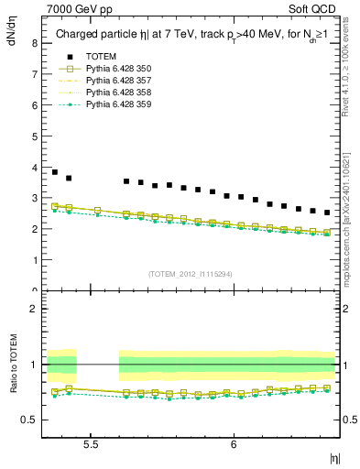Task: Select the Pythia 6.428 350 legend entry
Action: click(119, 69)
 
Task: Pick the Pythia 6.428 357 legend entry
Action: click(119, 81)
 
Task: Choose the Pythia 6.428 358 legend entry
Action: click(119, 93)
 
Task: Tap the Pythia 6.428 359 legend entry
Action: click(119, 104)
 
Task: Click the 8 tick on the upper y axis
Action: click(34, 42)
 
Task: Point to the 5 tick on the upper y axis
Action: click(34, 136)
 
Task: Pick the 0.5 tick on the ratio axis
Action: click(30, 420)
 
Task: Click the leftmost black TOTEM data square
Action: click(55, 172)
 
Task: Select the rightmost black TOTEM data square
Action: click(327, 213)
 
